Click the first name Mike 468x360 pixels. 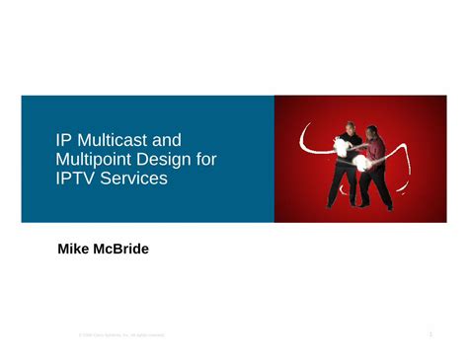click(76, 251)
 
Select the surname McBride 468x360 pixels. click(123, 251)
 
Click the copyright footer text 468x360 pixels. click(121, 336)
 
